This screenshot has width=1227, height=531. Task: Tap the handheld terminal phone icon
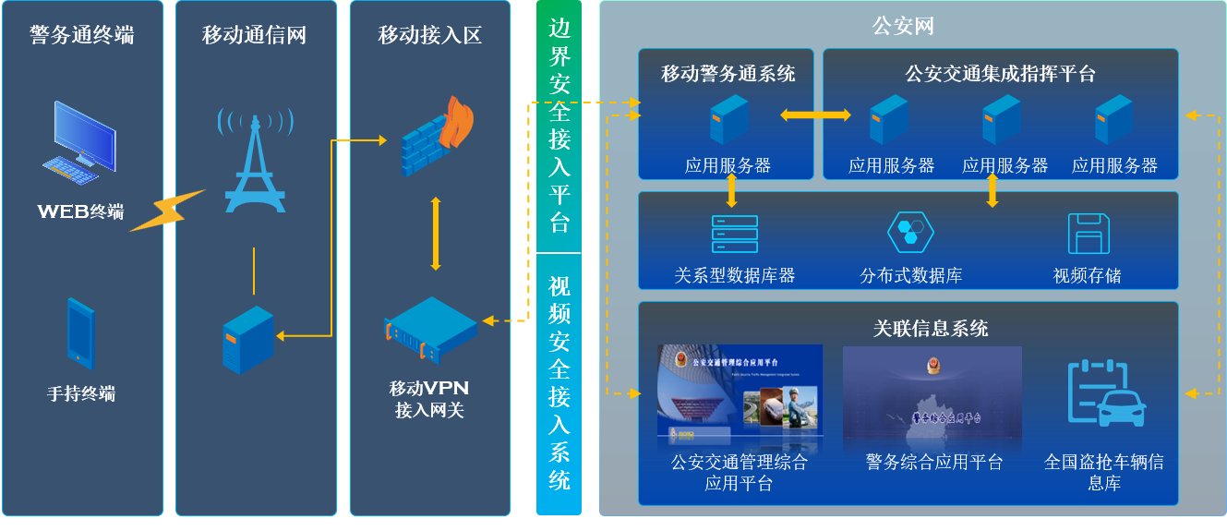(x=81, y=332)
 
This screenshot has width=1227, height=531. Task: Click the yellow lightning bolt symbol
(x=166, y=211)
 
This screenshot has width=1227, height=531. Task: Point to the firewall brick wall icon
(x=436, y=136)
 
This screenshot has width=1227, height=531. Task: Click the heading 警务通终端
(x=81, y=35)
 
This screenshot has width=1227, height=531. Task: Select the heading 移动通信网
(x=255, y=35)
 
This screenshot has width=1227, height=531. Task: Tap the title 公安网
(x=903, y=26)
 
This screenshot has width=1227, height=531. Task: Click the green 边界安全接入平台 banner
(x=559, y=126)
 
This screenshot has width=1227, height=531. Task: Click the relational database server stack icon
(x=734, y=235)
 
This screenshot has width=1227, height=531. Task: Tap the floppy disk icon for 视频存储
(x=1088, y=234)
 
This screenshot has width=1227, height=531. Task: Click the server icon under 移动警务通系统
(x=728, y=119)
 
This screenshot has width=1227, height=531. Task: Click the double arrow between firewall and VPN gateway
(x=436, y=234)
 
